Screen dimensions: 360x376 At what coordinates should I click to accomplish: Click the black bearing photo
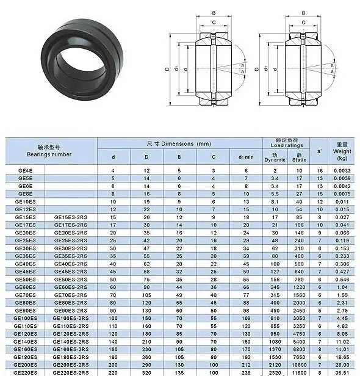tap(82, 59)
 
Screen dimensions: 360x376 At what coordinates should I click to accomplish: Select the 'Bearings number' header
tap(49, 154)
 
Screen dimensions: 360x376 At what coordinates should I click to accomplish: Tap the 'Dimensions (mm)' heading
tap(186, 144)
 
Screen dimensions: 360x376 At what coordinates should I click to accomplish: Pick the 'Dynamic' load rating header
tap(275, 160)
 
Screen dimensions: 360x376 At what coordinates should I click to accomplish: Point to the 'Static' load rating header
tap(299, 160)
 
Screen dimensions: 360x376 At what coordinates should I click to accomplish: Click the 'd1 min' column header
tap(246, 157)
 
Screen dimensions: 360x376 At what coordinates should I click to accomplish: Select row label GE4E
tap(25, 171)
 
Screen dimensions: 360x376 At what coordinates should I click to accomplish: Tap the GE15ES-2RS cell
tap(71, 217)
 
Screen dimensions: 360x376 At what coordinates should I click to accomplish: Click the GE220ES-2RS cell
tap(71, 373)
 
